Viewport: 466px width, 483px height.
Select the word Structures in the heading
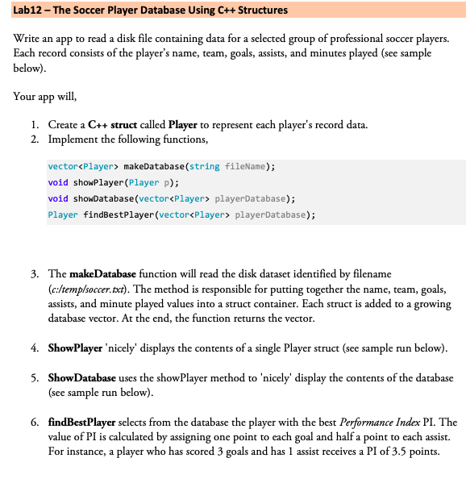click(x=260, y=11)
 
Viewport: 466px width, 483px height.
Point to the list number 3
click(x=33, y=275)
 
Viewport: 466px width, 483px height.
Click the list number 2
click(x=33, y=139)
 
